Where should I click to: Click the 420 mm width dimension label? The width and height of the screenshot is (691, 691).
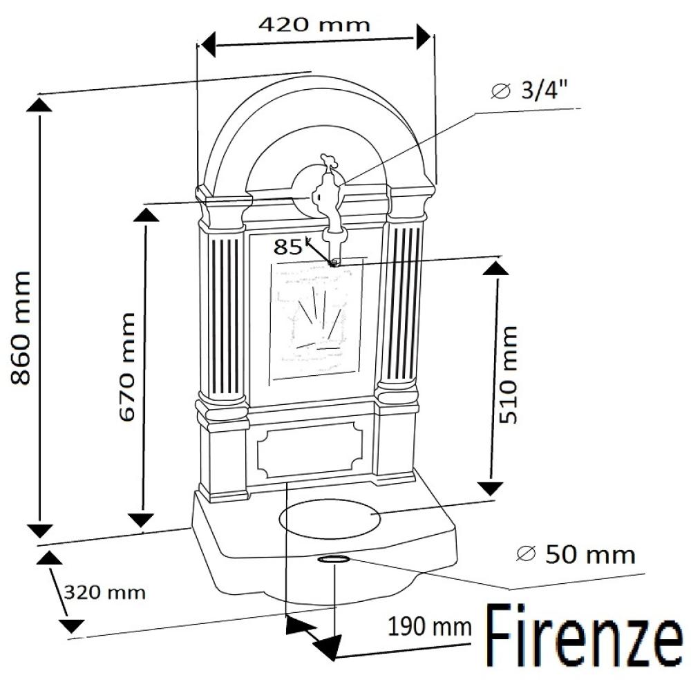pyautogui.click(x=314, y=25)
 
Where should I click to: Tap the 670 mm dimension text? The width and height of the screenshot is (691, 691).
pyautogui.click(x=127, y=367)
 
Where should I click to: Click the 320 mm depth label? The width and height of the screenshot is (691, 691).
pyautogui.click(x=104, y=592)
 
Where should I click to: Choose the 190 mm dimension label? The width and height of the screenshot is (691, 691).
pyautogui.click(x=429, y=627)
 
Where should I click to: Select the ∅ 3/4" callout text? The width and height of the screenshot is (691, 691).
pyautogui.click(x=532, y=91)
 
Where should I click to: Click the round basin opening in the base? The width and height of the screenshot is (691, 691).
pyautogui.click(x=329, y=519)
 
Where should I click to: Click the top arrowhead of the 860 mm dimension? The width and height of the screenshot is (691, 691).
pyautogui.click(x=39, y=104)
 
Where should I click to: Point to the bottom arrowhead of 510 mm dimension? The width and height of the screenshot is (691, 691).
pyautogui.click(x=490, y=488)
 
